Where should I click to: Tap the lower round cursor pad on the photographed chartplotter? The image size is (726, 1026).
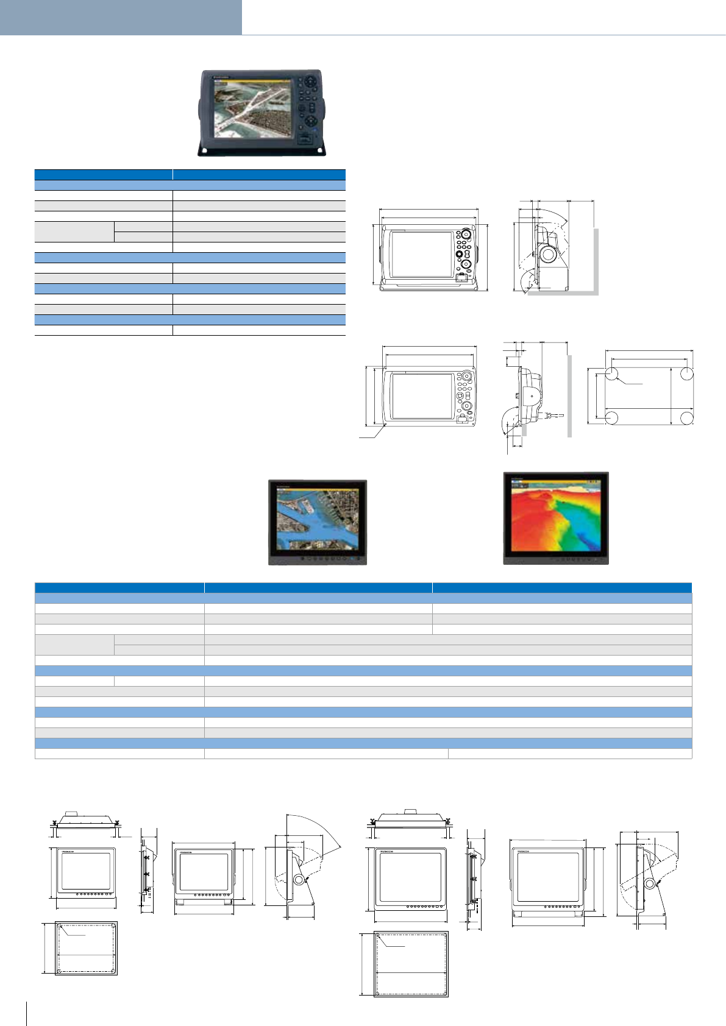point(310,121)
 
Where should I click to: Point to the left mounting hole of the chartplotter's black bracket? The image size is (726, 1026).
point(205,150)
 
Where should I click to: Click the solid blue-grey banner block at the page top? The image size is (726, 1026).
point(121,17)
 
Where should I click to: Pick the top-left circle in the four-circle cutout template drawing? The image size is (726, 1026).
point(612,374)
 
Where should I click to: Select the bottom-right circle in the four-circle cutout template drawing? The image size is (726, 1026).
point(686,418)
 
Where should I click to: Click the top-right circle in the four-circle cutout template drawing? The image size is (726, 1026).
point(686,374)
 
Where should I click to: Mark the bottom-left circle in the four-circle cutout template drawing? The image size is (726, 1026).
point(612,418)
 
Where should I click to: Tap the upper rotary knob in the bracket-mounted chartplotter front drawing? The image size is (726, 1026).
point(465,234)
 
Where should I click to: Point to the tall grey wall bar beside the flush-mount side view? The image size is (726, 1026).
point(569,396)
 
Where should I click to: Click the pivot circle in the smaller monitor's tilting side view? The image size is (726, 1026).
point(299,880)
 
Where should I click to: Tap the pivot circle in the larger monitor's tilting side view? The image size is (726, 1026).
point(650,883)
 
